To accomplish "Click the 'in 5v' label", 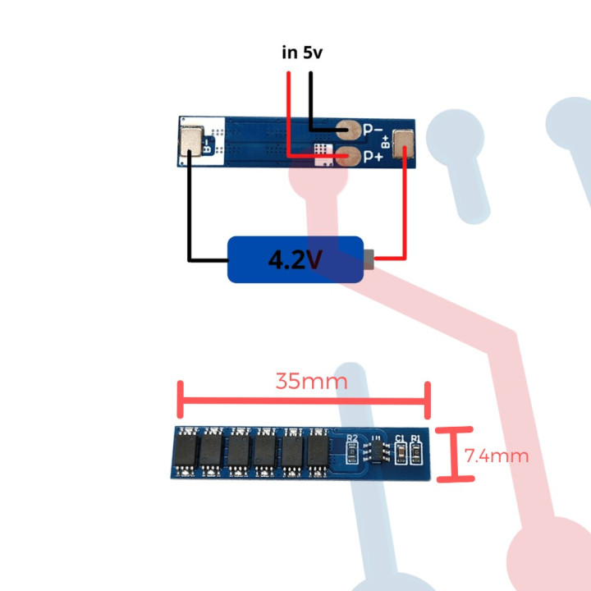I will (301, 53).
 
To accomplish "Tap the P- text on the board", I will (373, 129).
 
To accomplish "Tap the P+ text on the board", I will (374, 156).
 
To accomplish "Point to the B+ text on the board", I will (385, 143).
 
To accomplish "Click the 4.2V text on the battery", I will (295, 260).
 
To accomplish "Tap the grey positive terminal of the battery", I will (370, 259).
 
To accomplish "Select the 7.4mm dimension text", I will (496, 455).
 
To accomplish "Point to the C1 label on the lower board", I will (401, 438).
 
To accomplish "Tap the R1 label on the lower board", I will (417, 438).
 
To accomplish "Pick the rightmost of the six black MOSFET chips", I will (317, 450).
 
